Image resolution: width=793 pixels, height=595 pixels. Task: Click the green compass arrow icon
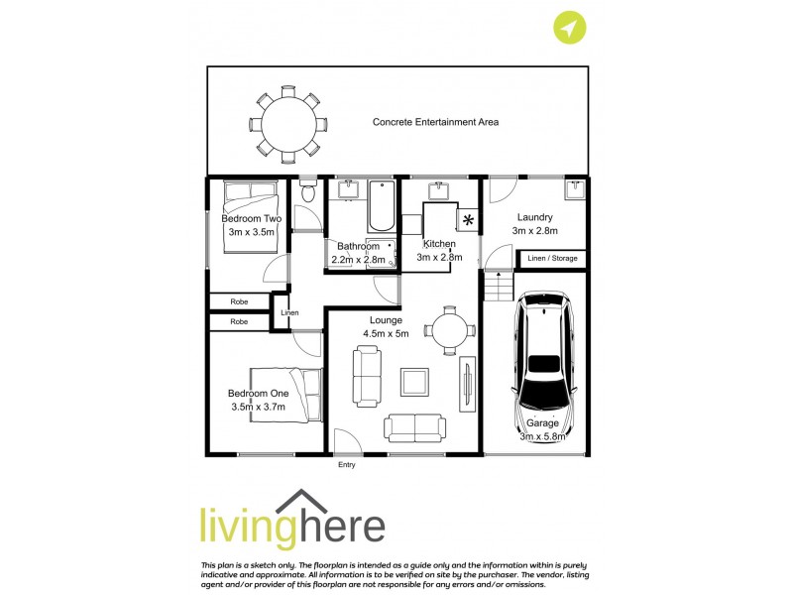click(568, 29)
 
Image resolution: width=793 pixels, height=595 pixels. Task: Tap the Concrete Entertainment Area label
click(435, 122)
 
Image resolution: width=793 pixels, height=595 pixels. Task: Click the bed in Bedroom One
click(287, 395)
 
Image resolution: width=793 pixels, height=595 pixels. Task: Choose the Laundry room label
click(533, 217)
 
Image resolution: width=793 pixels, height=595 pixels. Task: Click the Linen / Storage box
click(552, 259)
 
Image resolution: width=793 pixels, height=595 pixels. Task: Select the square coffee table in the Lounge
click(414, 380)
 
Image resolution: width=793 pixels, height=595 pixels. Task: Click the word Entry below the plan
click(346, 464)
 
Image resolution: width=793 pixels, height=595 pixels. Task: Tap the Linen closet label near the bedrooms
click(289, 313)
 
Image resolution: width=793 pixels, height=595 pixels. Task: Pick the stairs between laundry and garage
click(500, 289)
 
